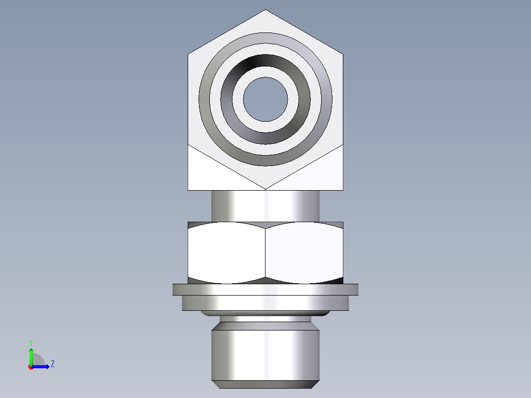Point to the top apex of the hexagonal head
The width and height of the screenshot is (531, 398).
pyautogui.click(x=265, y=10)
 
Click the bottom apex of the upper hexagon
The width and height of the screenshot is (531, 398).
pyautogui.click(x=265, y=189)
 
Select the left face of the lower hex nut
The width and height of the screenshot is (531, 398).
pyautogui.click(x=227, y=252)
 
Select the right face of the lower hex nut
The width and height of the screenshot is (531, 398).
pyautogui.click(x=304, y=252)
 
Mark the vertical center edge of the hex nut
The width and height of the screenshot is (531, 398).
pyautogui.click(x=265, y=252)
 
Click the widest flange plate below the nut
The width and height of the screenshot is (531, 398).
pyautogui.click(x=265, y=289)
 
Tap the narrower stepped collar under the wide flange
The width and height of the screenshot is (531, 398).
pyautogui.click(x=265, y=303)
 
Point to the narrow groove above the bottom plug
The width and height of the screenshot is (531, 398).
pyautogui.click(x=265, y=319)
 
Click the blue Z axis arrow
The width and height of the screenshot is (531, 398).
pyautogui.click(x=42, y=366)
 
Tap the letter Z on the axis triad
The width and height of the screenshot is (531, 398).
pyautogui.click(x=52, y=364)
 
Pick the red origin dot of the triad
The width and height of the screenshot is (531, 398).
pyautogui.click(x=31, y=367)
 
